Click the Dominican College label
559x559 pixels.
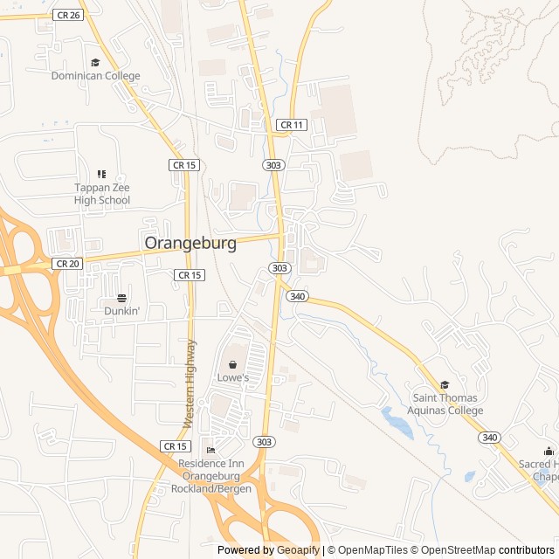pyautogui.click(x=95, y=76)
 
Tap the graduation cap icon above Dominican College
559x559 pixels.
pyautogui.click(x=95, y=62)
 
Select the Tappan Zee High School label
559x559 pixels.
pyautogui.click(x=101, y=194)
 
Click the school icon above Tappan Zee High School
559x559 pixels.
pyautogui.click(x=101, y=175)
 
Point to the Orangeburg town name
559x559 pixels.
pyautogui.click(x=190, y=244)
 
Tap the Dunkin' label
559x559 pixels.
pyautogui.click(x=122, y=310)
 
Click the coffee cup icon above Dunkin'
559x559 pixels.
pyautogui.click(x=122, y=297)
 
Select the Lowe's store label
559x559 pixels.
pyautogui.click(x=233, y=377)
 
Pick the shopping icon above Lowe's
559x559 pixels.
pyautogui.click(x=233, y=363)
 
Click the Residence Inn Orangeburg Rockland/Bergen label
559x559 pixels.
pyautogui.click(x=215, y=475)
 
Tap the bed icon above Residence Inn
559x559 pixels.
pyautogui.click(x=210, y=450)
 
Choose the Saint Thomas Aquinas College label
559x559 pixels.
pyautogui.click(x=447, y=404)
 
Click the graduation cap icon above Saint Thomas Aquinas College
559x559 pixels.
pyautogui.click(x=445, y=385)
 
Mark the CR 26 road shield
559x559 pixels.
pyautogui.click(x=66, y=15)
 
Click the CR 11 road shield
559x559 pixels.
pyautogui.click(x=291, y=125)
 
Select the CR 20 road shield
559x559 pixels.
pyautogui.click(x=66, y=263)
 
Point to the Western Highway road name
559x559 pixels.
pyautogui.click(x=190, y=383)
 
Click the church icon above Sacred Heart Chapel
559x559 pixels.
pyautogui.click(x=549, y=452)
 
